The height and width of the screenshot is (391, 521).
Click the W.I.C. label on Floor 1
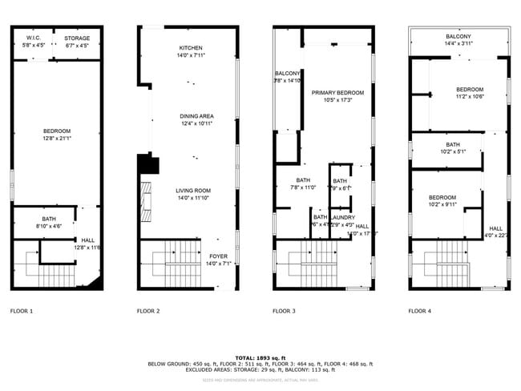33,38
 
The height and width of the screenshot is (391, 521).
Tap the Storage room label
77,38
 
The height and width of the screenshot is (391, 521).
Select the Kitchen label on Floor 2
191,48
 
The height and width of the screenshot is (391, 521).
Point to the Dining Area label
196,116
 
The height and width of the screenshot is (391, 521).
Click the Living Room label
192,190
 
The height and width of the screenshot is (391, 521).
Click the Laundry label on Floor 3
342,217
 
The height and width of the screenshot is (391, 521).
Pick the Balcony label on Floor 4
458,37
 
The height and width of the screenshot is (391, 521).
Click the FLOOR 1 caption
22,310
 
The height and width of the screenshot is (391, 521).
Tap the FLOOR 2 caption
148,310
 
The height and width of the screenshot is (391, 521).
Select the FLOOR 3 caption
284,310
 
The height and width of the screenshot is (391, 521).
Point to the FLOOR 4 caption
419,310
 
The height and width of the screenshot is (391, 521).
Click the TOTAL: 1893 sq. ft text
260,357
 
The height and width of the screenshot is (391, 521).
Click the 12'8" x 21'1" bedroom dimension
57,138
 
